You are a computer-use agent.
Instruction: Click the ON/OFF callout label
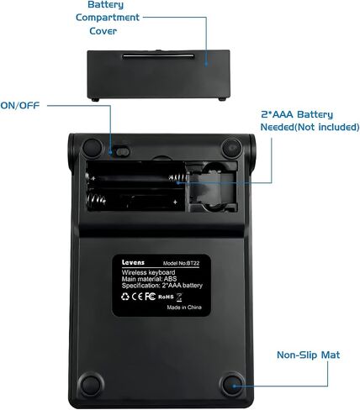click(20, 106)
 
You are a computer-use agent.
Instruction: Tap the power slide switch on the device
click(123, 152)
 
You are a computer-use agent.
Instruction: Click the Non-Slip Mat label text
click(308, 355)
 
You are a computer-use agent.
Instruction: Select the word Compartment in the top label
click(108, 18)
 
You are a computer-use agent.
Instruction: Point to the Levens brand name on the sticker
click(133, 262)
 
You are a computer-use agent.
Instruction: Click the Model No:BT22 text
click(181, 263)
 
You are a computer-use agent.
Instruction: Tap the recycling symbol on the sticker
click(125, 297)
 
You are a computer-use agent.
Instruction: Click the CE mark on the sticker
click(137, 297)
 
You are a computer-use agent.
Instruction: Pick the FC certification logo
click(150, 296)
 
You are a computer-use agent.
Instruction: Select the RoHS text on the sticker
click(166, 297)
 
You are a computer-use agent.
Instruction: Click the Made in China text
click(184, 307)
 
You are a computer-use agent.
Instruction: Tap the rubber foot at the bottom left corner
click(91, 384)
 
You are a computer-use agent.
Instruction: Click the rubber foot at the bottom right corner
click(232, 384)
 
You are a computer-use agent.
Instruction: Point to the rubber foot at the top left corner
click(93, 148)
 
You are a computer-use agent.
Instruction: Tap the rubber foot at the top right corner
click(232, 147)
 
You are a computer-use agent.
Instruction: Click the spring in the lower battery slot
click(96, 200)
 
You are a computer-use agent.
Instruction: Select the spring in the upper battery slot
click(177, 178)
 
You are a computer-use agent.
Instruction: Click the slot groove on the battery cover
click(158, 56)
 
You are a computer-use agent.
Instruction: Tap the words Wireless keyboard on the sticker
click(148, 272)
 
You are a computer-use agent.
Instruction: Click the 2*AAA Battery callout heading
click(297, 114)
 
